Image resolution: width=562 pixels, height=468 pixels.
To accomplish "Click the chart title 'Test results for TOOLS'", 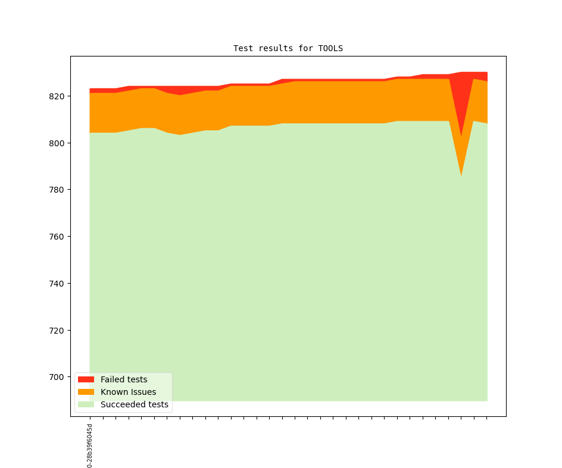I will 288,48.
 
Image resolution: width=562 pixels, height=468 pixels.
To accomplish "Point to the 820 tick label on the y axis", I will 58,96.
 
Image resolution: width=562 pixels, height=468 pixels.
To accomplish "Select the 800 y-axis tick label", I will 58,143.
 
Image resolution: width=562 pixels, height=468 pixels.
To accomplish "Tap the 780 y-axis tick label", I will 58,190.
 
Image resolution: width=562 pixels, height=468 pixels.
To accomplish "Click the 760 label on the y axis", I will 58,237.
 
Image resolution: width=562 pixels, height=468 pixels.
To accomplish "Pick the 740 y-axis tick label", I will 58,284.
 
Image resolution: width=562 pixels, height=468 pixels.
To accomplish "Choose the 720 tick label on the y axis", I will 58,331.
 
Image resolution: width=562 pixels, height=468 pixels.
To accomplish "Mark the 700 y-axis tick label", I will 58,377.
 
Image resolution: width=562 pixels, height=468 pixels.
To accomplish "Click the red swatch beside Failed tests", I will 86,379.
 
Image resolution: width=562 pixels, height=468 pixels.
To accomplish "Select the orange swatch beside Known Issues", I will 86,392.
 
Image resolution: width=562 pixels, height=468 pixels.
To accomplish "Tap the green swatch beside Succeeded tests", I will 86,404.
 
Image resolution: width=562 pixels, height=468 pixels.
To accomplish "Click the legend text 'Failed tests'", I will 124,379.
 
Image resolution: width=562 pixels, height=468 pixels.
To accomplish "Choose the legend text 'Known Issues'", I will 128,392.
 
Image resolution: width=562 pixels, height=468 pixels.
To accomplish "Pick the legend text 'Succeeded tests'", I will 135,404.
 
